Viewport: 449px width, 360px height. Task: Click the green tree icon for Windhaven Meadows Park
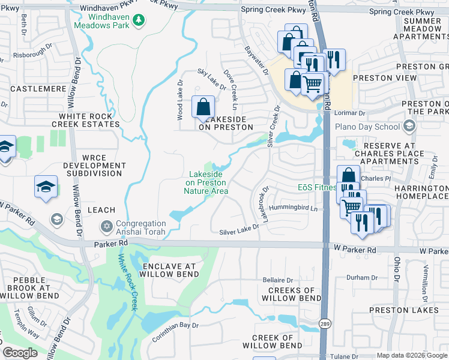click(x=139, y=20)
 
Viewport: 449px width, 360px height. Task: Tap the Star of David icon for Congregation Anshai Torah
click(x=107, y=226)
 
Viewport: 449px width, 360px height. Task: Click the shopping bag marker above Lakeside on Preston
click(x=203, y=107)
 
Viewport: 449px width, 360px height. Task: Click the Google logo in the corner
click(x=20, y=353)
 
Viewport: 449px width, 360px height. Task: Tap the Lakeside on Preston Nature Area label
click(x=206, y=182)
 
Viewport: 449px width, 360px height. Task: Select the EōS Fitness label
click(x=316, y=188)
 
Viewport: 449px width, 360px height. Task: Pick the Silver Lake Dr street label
click(x=239, y=232)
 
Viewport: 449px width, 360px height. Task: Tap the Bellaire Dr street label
click(x=278, y=280)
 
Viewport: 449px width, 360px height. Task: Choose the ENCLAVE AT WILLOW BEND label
click(x=169, y=270)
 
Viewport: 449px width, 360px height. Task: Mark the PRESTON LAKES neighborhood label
click(x=397, y=310)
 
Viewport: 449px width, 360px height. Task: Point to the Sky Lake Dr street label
click(x=212, y=79)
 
